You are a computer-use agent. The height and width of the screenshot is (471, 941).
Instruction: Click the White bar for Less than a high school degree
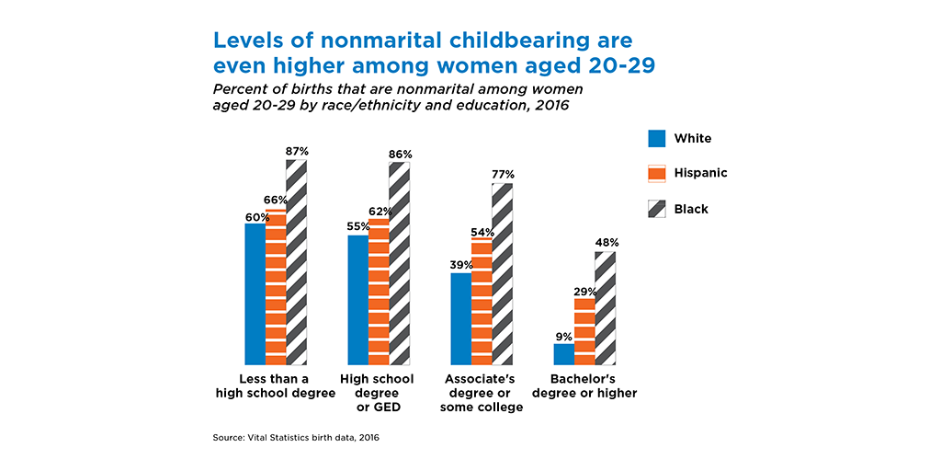tap(255, 294)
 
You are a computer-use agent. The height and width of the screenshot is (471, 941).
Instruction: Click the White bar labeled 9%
tap(563, 354)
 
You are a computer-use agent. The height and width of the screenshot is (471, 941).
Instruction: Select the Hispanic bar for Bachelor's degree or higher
tap(584, 331)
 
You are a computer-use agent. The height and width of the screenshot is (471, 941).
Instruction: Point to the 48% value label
tap(607, 243)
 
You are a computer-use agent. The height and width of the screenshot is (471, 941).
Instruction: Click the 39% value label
tap(461, 265)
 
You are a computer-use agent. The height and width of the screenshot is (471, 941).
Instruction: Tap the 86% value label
tap(400, 154)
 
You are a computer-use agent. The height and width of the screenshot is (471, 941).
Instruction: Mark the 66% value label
tap(276, 200)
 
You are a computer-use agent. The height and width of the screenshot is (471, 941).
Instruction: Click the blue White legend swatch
tap(656, 139)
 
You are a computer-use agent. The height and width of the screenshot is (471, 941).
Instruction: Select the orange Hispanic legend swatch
tap(656, 174)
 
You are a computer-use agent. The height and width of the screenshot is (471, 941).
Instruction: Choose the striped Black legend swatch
tap(656, 209)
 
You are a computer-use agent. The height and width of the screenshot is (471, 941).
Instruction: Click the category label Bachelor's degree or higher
tap(593, 386)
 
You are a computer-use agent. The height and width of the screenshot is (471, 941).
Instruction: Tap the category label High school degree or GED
tap(377, 393)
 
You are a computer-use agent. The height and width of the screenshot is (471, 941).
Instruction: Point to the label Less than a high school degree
tap(275, 386)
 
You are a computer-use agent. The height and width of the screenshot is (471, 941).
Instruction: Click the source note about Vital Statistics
tap(295, 438)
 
